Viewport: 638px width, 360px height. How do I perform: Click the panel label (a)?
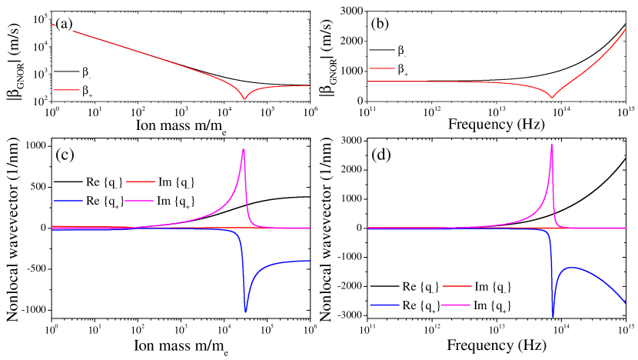[x=63, y=24]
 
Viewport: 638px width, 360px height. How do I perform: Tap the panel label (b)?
[x=380, y=24]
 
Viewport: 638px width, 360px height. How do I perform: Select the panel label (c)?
[x=64, y=155]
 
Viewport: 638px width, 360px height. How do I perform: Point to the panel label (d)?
[x=380, y=155]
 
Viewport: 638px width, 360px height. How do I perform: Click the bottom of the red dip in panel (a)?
[x=245, y=98]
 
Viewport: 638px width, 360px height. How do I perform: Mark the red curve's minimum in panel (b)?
[x=552, y=98]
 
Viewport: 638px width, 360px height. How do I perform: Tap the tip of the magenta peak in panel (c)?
[x=244, y=149]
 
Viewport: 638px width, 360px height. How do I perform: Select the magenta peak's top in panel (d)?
[x=552, y=143]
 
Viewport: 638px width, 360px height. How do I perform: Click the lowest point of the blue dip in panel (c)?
[x=245, y=312]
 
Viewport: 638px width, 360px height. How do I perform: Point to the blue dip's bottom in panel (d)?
[x=553, y=317]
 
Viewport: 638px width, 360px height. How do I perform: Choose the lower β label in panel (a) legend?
[x=85, y=91]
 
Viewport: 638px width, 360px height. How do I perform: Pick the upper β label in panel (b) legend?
[x=400, y=50]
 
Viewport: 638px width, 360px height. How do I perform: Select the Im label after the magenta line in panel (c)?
[x=175, y=201]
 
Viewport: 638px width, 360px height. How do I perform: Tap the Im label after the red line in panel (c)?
[x=175, y=182]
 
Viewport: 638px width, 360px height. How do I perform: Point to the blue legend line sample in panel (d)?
[x=384, y=305]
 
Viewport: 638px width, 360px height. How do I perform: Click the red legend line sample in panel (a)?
[x=65, y=91]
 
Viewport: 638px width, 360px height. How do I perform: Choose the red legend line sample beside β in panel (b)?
[x=381, y=69]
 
